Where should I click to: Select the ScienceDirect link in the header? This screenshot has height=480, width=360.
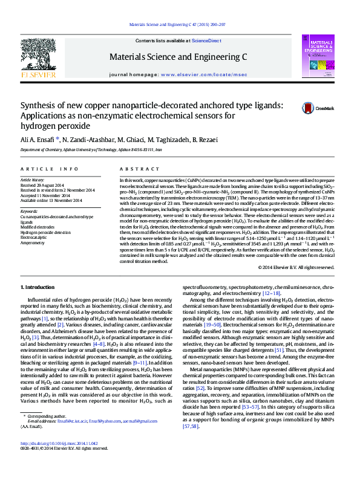pyautogui.click(x=206, y=40)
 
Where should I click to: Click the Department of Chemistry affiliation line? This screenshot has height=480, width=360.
pyautogui.click(x=91, y=149)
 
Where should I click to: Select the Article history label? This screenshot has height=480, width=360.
pyautogui.click(x=33, y=180)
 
